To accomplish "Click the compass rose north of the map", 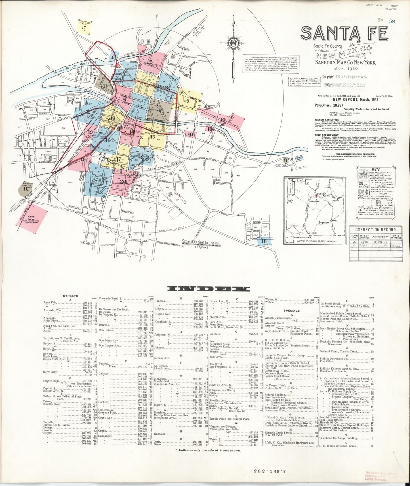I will [x=234, y=43].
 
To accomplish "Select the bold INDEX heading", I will [x=208, y=289].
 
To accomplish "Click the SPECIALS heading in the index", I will [x=292, y=310].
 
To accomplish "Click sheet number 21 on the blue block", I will [x=97, y=182].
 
